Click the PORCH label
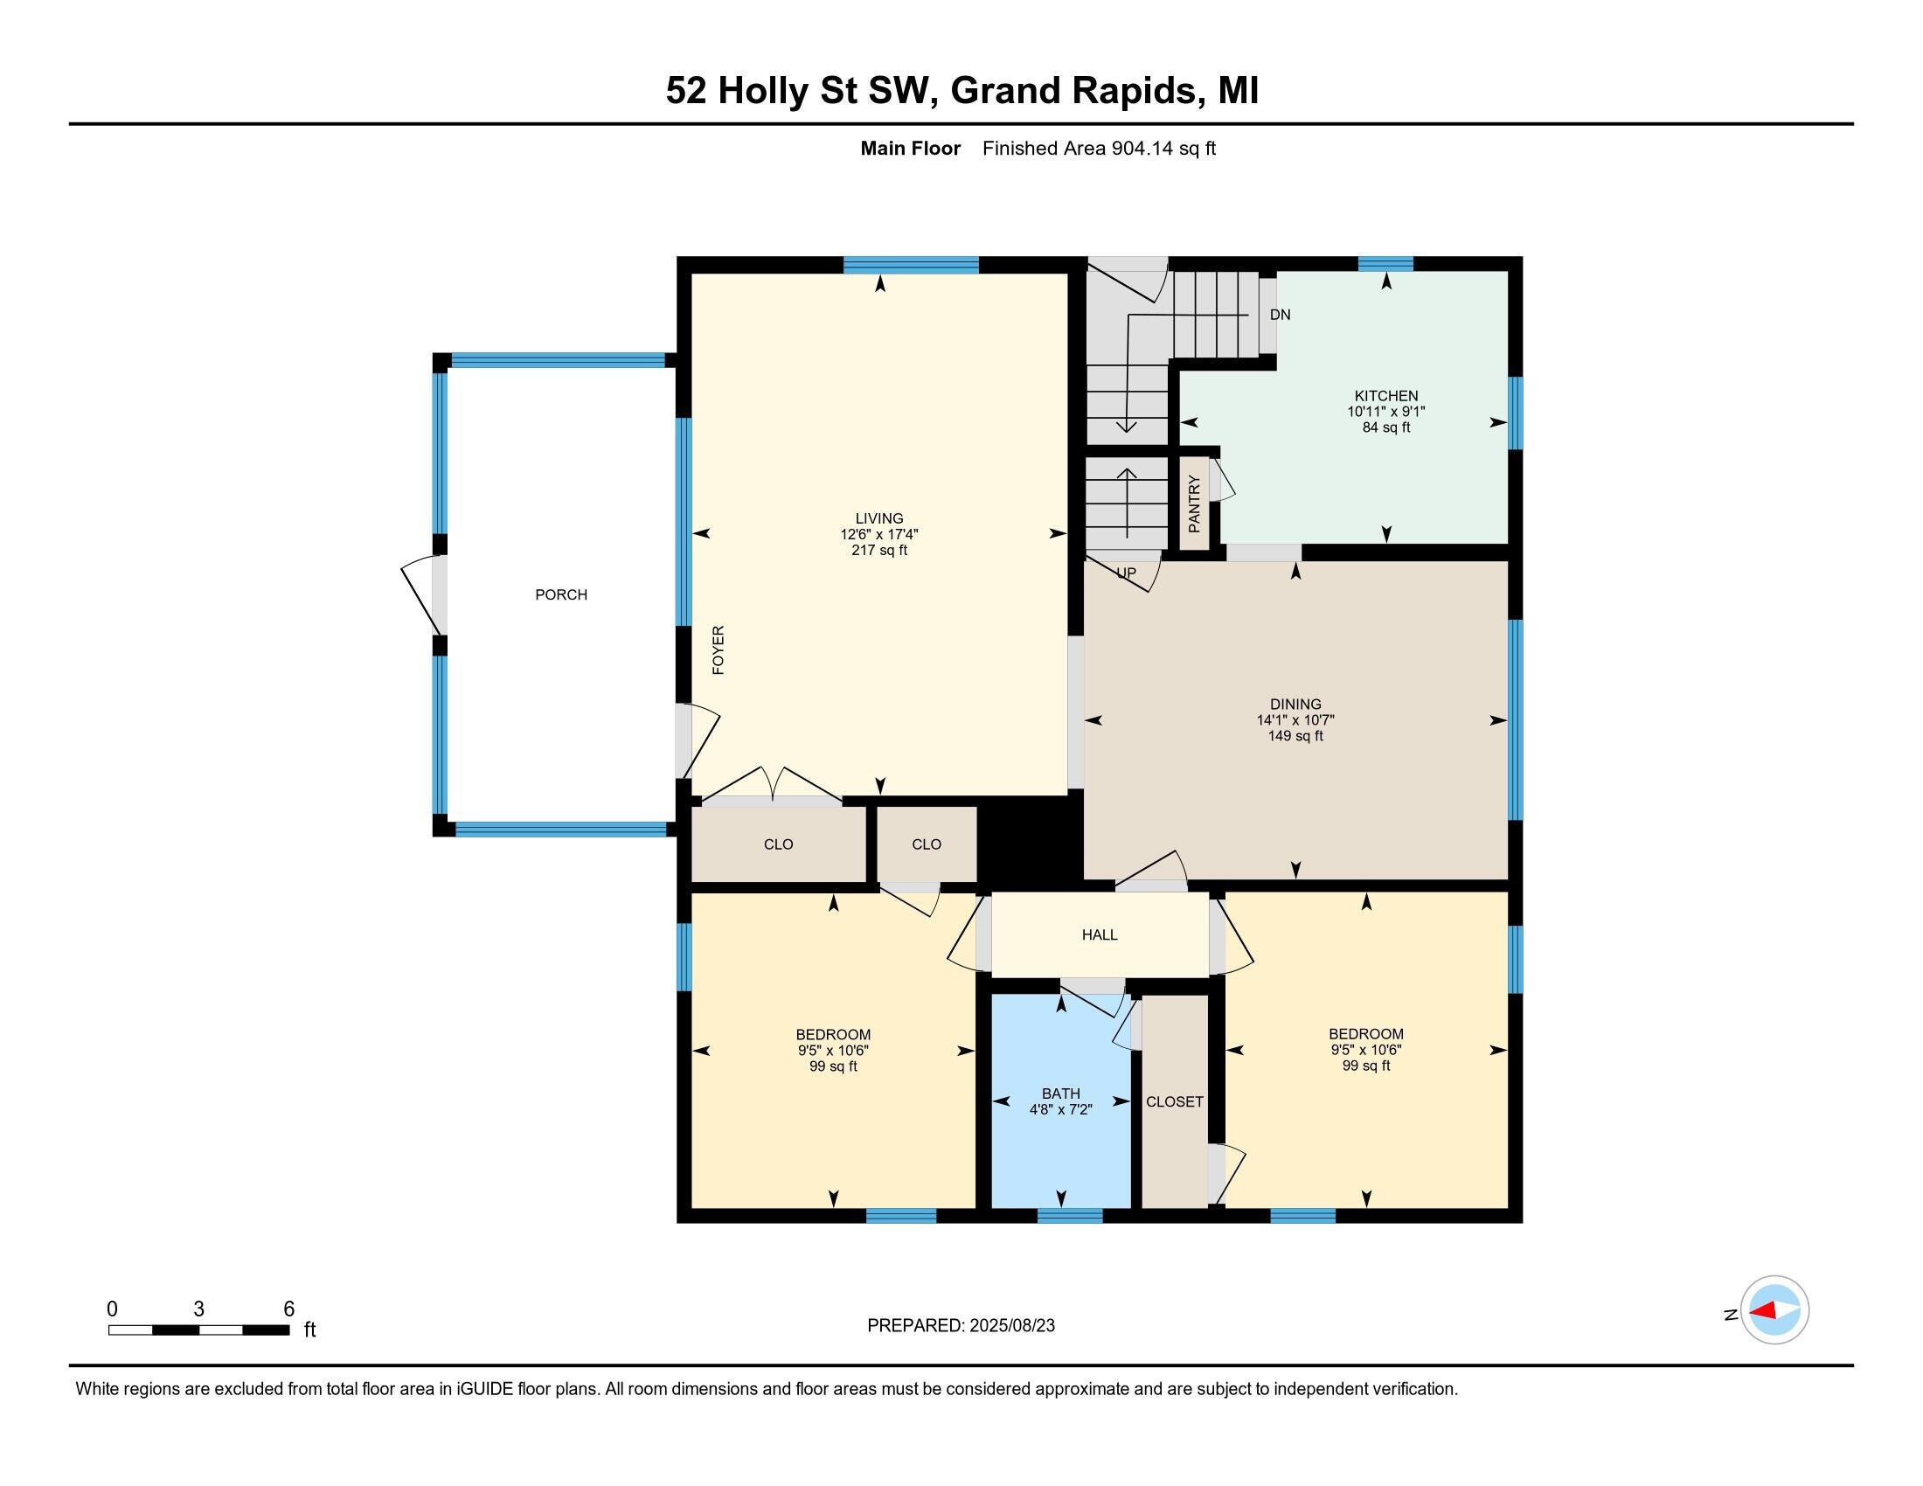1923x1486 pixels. click(x=561, y=595)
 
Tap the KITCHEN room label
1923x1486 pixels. click(x=1386, y=396)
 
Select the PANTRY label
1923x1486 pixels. click(x=1194, y=504)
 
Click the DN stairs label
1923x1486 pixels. click(x=1281, y=316)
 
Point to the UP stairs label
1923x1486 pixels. click(x=1126, y=573)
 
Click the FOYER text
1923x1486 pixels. click(x=719, y=650)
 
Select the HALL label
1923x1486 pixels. click(x=1100, y=935)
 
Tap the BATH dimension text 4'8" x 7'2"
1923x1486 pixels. click(x=1061, y=1110)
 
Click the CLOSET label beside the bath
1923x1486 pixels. click(x=1175, y=1102)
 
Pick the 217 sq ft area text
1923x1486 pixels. click(x=878, y=551)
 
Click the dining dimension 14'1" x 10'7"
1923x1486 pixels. click(x=1295, y=720)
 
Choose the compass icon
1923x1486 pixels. click(x=1774, y=1310)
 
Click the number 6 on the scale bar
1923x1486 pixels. click(x=288, y=1309)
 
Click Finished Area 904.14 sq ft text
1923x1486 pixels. click(x=1099, y=149)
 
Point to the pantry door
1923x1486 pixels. click(x=1221, y=482)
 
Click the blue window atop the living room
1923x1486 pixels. click(x=911, y=265)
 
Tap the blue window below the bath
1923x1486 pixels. click(x=1070, y=1217)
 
